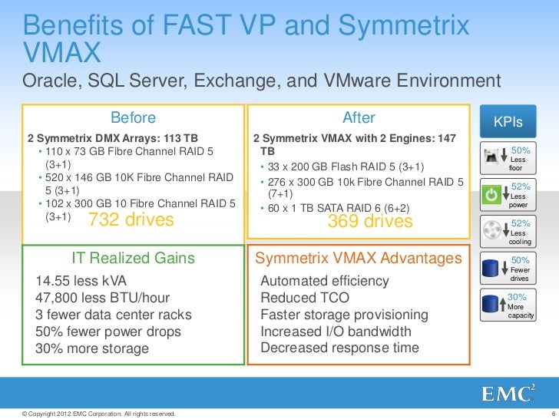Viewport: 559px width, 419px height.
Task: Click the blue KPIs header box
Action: coord(508,121)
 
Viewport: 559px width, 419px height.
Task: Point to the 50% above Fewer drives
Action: coord(521,261)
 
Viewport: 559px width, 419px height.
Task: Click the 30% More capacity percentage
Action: coord(517,296)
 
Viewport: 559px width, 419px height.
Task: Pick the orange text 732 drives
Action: coord(132,221)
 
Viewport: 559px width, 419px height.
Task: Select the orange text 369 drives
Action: coord(369,221)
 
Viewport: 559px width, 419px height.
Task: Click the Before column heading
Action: coord(133,117)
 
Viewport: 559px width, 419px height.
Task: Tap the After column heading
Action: coord(359,117)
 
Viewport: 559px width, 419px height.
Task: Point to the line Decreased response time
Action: coord(340,348)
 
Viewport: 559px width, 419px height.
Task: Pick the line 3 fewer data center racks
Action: coord(114,315)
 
